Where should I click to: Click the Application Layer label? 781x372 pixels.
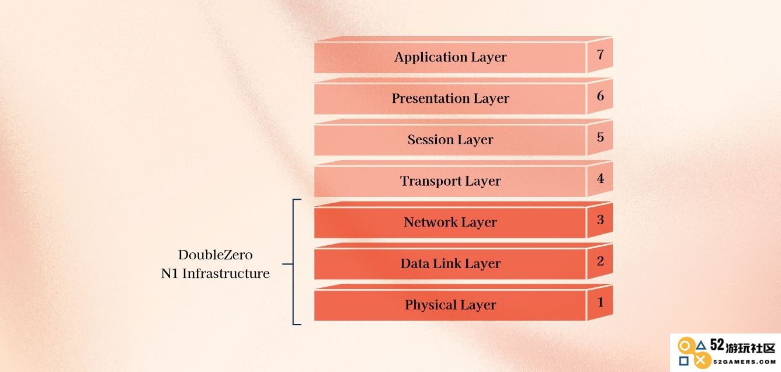450,57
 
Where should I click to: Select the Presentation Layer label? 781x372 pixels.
450,99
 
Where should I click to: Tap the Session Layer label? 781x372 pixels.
450,140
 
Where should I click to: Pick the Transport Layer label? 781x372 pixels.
450,181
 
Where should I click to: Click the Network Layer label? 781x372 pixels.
450,222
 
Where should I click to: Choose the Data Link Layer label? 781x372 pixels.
450,263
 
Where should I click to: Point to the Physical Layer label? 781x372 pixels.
450,305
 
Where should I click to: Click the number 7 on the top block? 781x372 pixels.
600,54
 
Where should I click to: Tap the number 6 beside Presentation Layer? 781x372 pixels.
600,96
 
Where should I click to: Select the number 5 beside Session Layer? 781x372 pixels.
600,137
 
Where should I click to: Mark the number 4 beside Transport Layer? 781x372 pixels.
600,179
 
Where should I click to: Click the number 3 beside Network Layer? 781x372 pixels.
600,220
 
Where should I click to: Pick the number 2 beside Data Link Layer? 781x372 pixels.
600,261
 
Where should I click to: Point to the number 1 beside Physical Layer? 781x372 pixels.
600,303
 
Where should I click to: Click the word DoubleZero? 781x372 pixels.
216,255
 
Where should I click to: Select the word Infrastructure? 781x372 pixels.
226,274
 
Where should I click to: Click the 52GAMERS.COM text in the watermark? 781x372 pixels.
744,362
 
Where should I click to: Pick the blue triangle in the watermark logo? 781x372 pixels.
701,346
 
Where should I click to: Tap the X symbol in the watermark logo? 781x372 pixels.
701,360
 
